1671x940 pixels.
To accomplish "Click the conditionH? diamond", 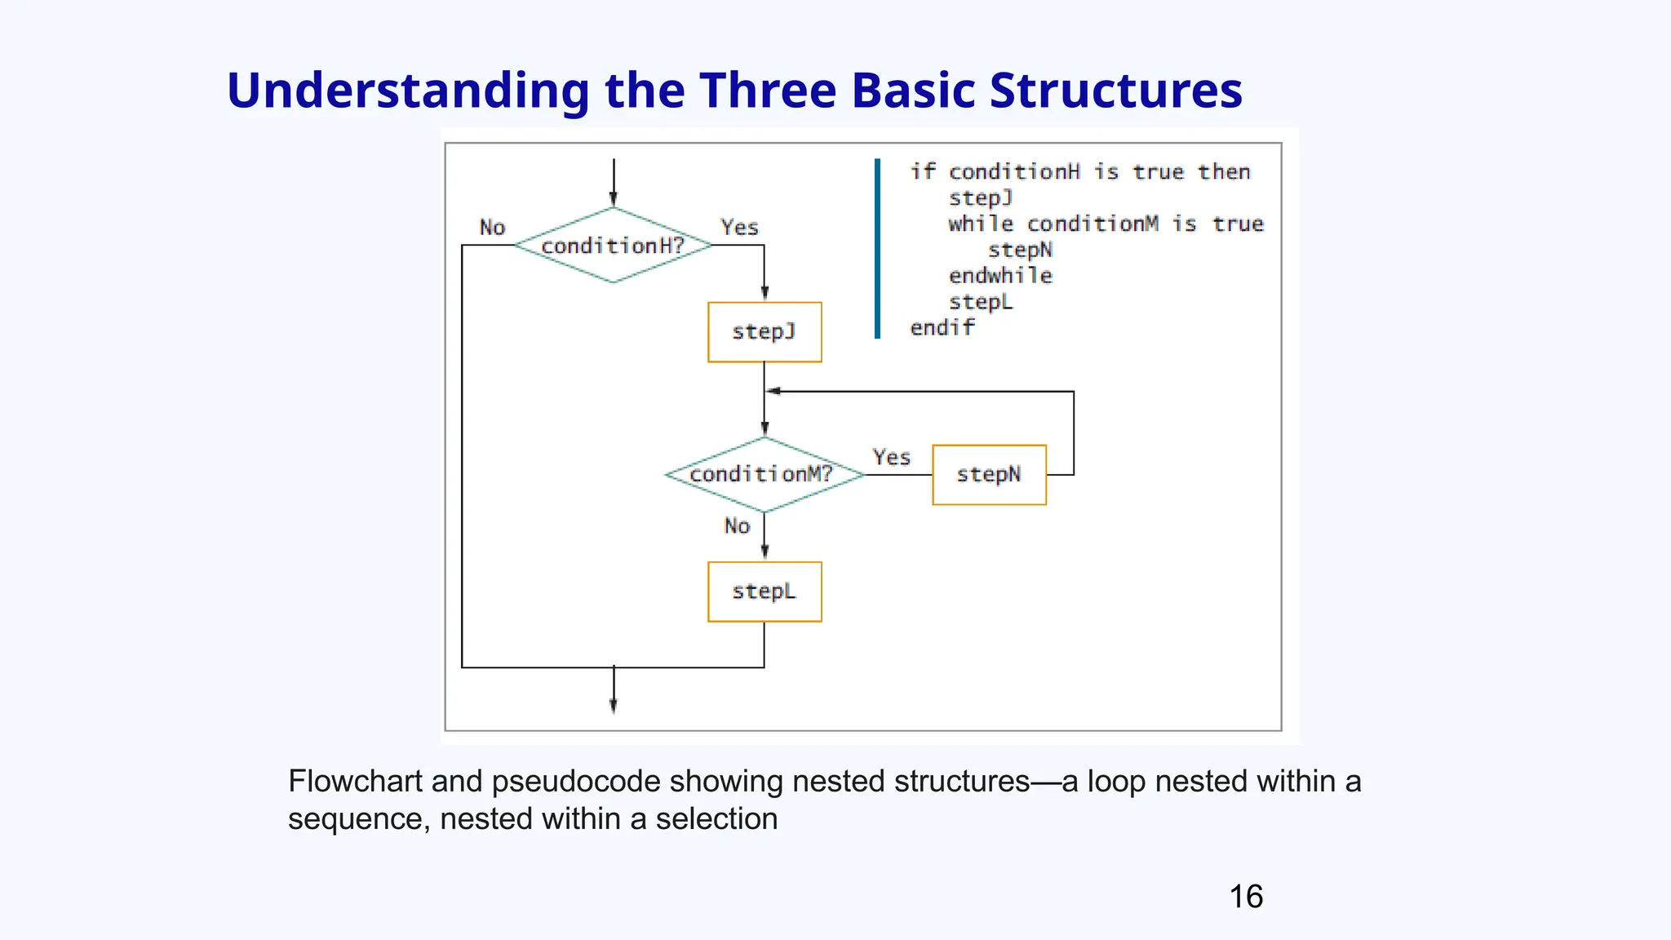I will tap(613, 245).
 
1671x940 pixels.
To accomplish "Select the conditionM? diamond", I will tap(764, 474).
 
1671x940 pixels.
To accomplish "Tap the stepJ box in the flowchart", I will tap(765, 332).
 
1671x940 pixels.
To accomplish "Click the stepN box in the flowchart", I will tap(989, 475).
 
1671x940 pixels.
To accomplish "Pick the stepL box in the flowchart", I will tap(765, 592).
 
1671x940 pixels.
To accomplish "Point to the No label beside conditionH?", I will tap(492, 228).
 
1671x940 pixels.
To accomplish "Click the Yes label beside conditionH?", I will tap(739, 228).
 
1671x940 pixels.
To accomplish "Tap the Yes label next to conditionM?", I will tap(891, 457).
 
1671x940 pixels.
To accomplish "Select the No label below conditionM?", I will tap(737, 526).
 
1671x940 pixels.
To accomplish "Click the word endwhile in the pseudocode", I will tap(1000, 276).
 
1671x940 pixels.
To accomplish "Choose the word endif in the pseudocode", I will tap(942, 328).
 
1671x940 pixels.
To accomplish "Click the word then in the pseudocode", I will tap(1224, 172).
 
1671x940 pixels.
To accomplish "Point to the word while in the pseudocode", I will tap(981, 224).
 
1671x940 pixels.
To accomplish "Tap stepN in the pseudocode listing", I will tap(1020, 250).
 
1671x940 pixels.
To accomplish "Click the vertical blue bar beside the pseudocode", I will tap(877, 249).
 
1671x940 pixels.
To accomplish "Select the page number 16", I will tap(1246, 897).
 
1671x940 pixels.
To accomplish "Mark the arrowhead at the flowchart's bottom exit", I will tap(614, 707).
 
